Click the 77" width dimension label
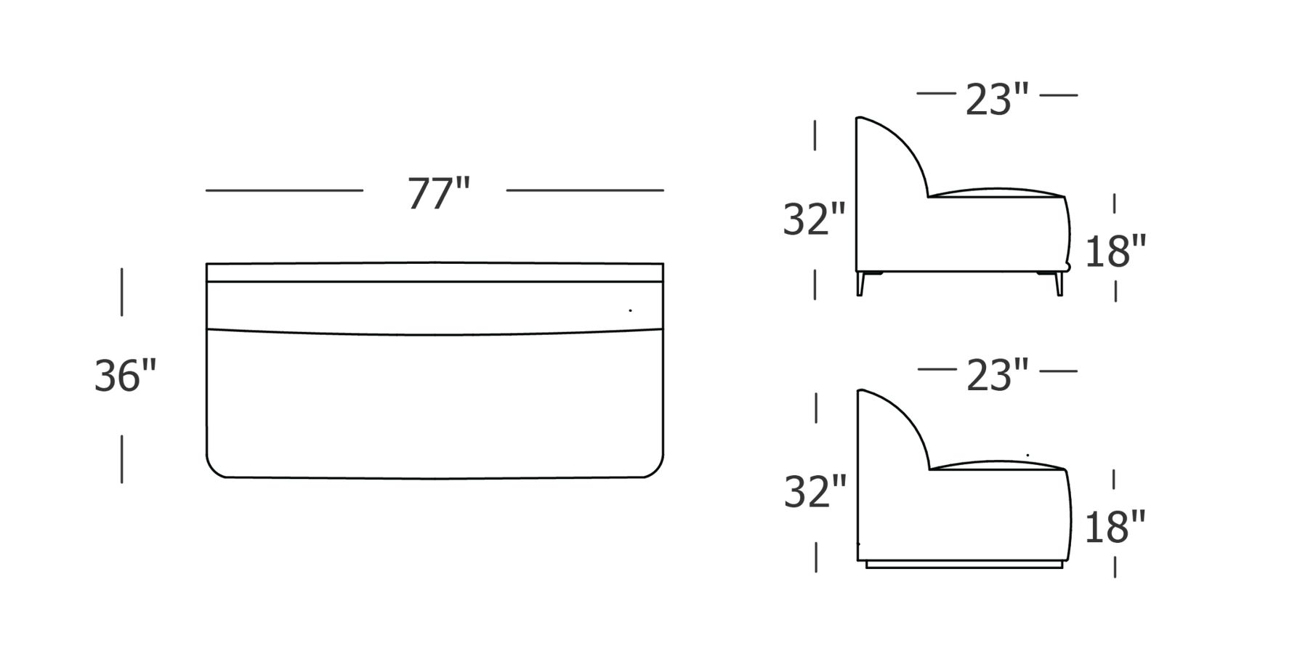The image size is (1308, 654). (x=439, y=193)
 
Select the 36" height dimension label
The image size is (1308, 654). (x=125, y=376)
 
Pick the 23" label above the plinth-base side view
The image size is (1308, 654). (x=997, y=375)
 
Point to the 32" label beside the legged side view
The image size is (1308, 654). (x=814, y=219)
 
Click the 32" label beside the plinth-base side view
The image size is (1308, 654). (x=815, y=492)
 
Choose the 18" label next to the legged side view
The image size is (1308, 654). (x=1115, y=251)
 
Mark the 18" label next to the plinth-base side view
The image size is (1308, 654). (x=1114, y=527)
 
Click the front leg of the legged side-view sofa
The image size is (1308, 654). (x=1059, y=283)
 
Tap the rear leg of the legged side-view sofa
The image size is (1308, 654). (x=861, y=283)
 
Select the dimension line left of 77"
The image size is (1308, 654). (x=284, y=190)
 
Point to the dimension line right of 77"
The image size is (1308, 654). (x=585, y=190)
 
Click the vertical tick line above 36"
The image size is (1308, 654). (x=121, y=292)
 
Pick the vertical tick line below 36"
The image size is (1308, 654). (x=121, y=459)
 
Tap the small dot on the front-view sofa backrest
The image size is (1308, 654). (x=630, y=310)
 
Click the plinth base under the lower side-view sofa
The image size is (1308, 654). (x=964, y=564)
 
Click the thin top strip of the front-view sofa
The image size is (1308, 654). (x=435, y=272)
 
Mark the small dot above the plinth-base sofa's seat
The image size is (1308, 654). (x=1028, y=455)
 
